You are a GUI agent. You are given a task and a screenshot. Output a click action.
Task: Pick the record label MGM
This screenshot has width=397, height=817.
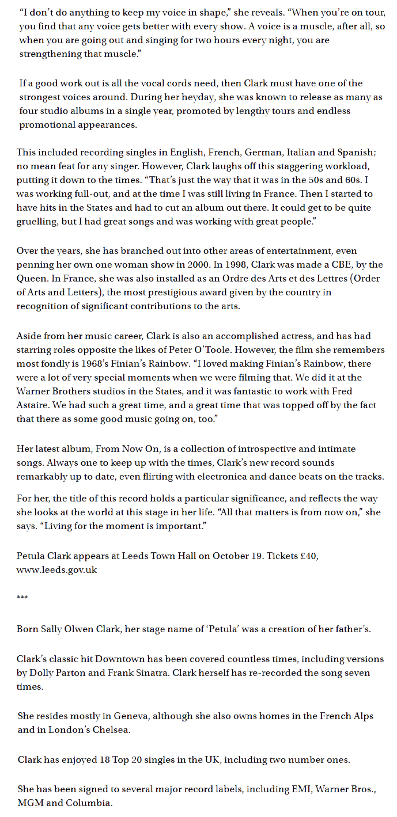point(30,804)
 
